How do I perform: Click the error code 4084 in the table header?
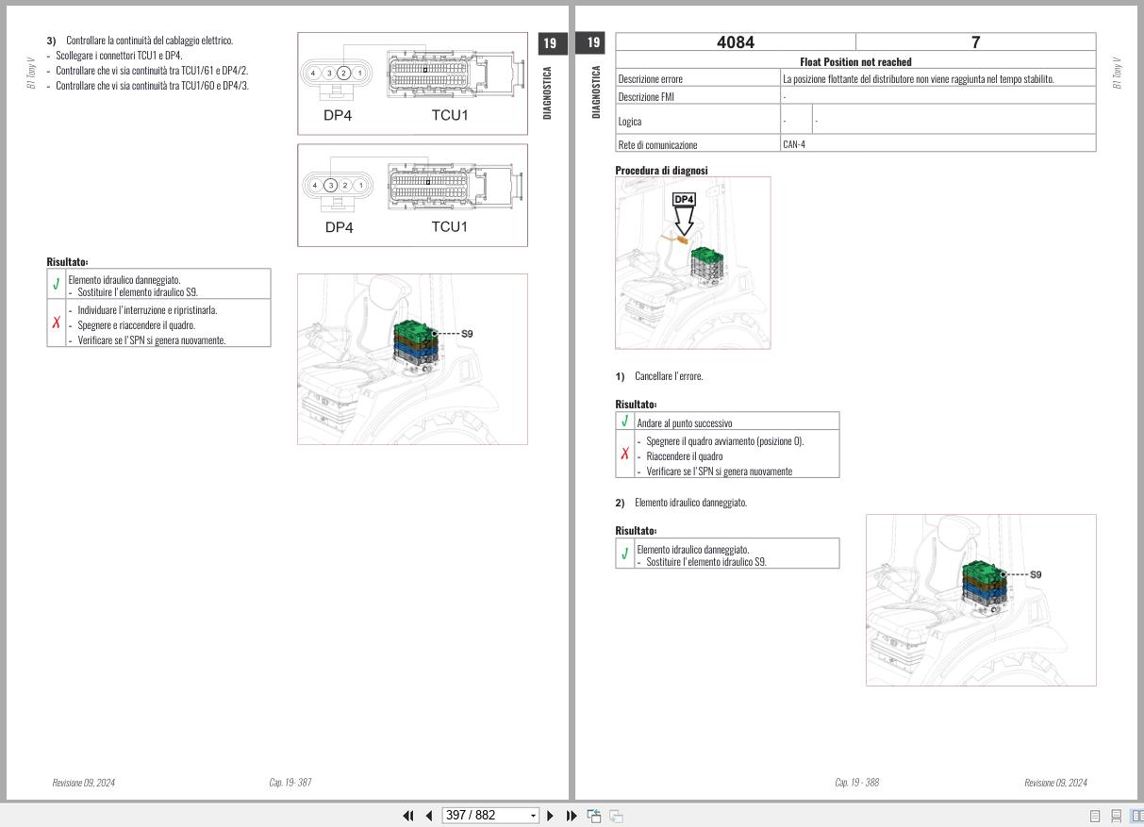pos(735,42)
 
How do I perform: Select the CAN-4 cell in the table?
pos(794,144)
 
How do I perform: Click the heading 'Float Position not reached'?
pos(855,62)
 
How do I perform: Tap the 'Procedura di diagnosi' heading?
pos(661,171)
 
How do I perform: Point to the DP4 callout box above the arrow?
pos(684,199)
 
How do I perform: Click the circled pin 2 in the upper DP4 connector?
pos(343,73)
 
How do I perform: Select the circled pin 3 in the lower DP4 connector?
pos(330,186)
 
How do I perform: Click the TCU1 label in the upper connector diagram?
pos(450,115)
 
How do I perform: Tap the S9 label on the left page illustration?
pos(467,334)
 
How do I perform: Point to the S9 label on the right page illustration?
pos(1036,575)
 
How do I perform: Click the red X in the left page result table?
pos(57,323)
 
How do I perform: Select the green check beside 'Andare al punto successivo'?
pos(624,422)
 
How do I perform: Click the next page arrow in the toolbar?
pos(550,816)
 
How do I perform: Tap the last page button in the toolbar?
pos(572,816)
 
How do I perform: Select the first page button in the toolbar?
pos(408,816)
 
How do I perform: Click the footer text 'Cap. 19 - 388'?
pos(856,782)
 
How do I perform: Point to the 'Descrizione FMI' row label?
pos(646,97)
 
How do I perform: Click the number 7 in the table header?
pos(975,42)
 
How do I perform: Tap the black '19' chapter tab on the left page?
pos(551,43)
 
